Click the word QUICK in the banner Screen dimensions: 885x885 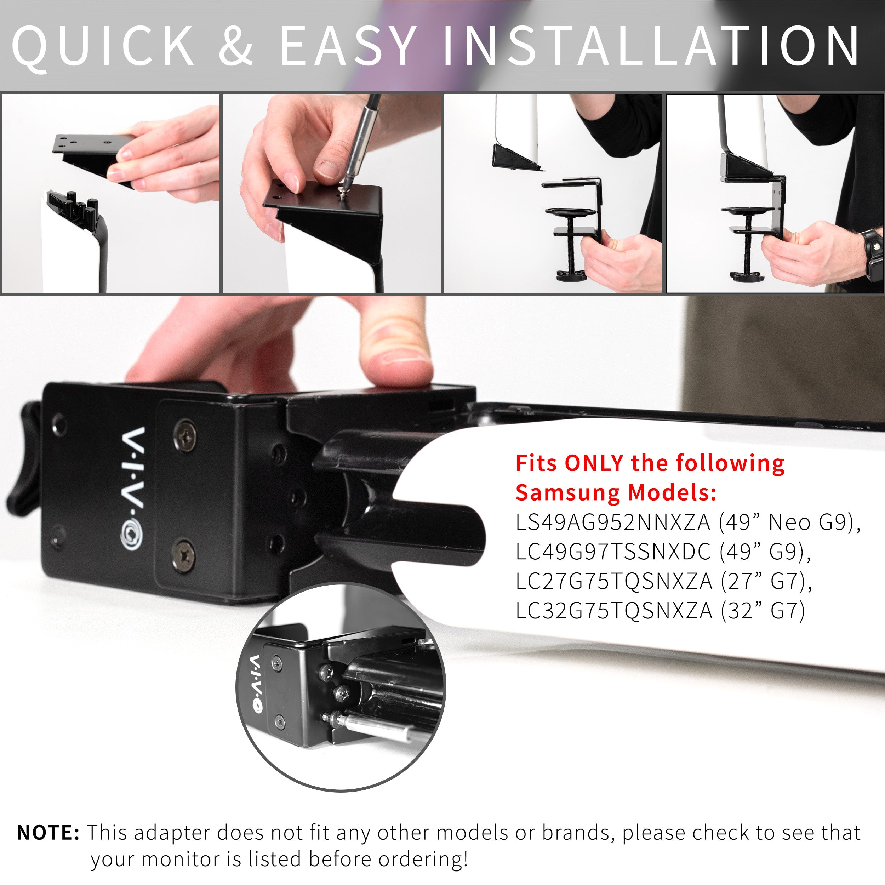103,46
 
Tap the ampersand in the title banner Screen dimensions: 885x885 236,46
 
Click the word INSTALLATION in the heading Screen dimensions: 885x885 650,46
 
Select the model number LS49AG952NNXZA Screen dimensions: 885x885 612,523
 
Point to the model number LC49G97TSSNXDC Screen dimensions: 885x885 613,552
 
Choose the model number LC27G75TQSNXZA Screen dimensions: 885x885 614,581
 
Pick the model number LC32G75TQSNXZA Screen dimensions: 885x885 614,611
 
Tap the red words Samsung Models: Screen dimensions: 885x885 616,493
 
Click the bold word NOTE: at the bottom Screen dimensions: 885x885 48,832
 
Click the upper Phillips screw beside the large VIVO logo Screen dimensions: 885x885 185,435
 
